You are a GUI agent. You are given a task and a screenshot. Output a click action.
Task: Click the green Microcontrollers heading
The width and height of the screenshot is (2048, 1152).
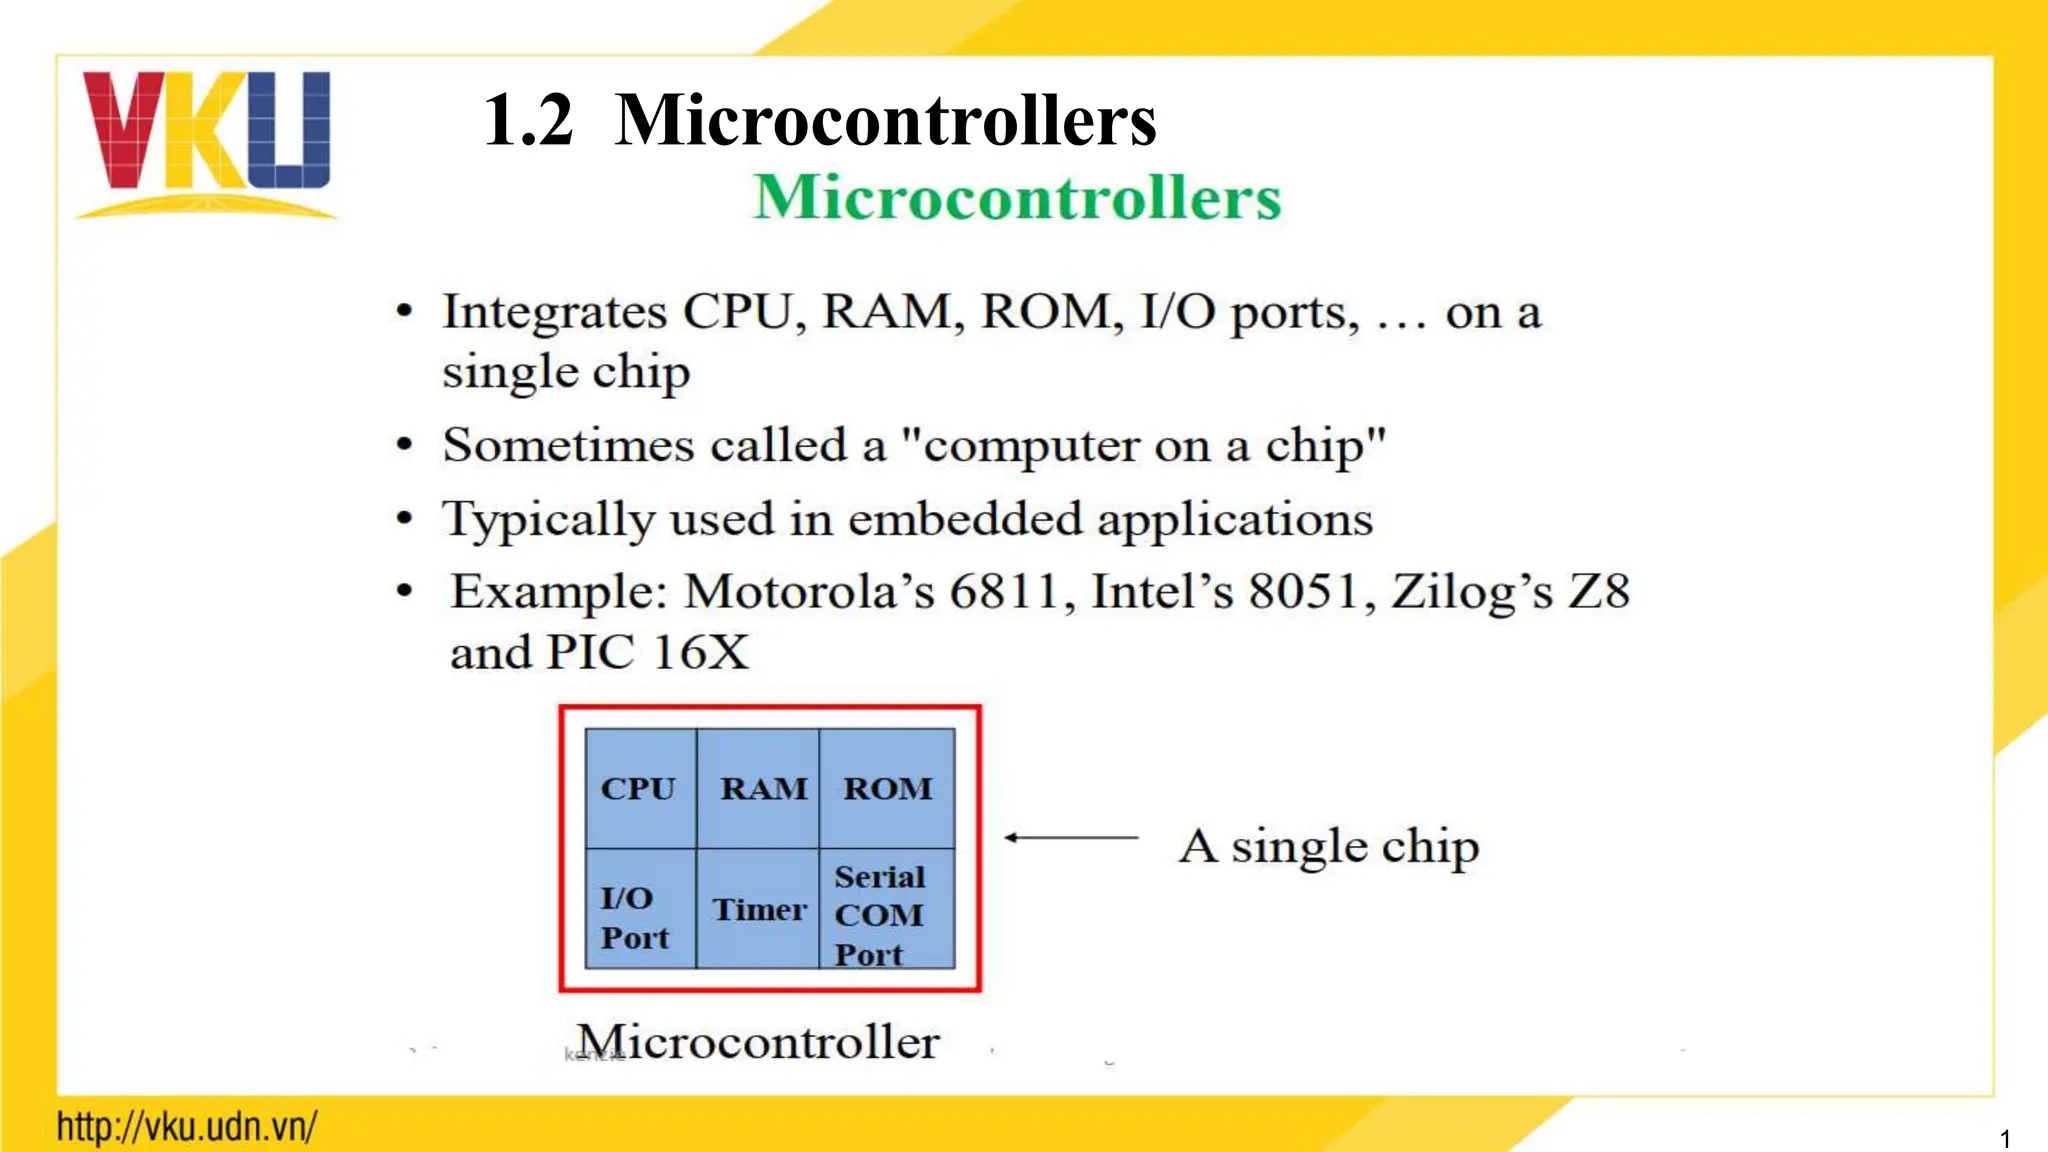tap(1017, 197)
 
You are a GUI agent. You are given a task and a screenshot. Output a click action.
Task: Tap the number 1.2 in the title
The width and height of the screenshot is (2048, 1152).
tap(528, 120)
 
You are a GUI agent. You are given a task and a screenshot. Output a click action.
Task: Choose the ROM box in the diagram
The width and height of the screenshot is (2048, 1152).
tap(887, 789)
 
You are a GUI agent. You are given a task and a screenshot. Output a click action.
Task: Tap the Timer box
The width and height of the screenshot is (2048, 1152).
tap(759, 910)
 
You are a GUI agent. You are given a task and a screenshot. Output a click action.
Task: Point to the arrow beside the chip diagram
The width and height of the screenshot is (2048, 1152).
tap(1070, 837)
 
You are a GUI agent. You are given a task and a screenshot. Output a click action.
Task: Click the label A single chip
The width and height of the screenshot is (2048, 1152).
tap(1328, 847)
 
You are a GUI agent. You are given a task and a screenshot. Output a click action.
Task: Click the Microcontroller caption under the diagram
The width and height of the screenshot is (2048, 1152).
tap(758, 1042)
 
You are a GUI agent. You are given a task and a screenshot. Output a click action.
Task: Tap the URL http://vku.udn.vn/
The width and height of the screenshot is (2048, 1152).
tap(187, 1127)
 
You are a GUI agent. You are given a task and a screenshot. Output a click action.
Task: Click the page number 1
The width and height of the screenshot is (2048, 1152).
tap(2004, 1138)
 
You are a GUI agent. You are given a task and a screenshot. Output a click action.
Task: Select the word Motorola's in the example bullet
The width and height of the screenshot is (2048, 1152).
tap(809, 591)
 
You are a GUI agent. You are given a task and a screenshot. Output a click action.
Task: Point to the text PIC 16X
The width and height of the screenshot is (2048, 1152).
tap(647, 653)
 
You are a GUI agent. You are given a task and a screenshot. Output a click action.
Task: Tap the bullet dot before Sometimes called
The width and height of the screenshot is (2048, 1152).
tap(404, 444)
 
